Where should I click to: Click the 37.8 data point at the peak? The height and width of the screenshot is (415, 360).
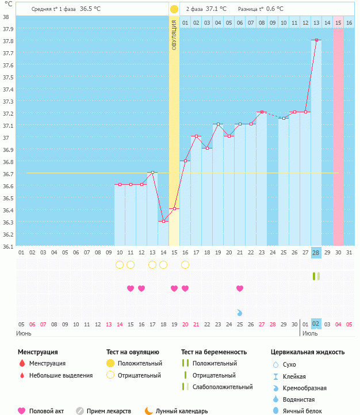click(x=316, y=40)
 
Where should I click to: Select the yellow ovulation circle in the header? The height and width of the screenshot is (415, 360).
click(x=174, y=9)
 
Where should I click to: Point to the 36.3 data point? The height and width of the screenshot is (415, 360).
click(x=163, y=221)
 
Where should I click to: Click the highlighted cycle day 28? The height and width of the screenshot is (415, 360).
click(x=316, y=253)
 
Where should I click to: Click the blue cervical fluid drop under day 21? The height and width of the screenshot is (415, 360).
click(x=240, y=313)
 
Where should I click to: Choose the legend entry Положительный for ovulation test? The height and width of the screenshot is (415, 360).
click(x=140, y=363)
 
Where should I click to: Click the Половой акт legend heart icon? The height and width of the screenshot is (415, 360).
click(x=22, y=411)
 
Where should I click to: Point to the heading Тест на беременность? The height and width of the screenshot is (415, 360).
click(x=214, y=352)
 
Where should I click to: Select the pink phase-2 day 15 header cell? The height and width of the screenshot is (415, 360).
click(x=338, y=22)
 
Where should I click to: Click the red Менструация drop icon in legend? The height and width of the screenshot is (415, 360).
click(x=22, y=363)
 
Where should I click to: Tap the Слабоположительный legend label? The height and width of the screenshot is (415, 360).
click(x=223, y=387)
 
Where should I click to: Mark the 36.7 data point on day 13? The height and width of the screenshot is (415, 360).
click(x=152, y=172)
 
